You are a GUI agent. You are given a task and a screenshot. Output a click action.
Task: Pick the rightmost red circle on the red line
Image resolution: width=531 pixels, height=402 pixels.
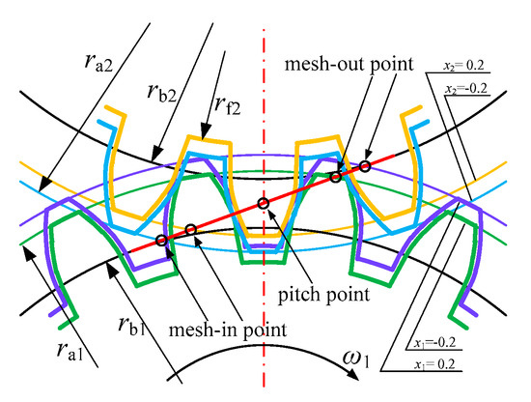point(365,166)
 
